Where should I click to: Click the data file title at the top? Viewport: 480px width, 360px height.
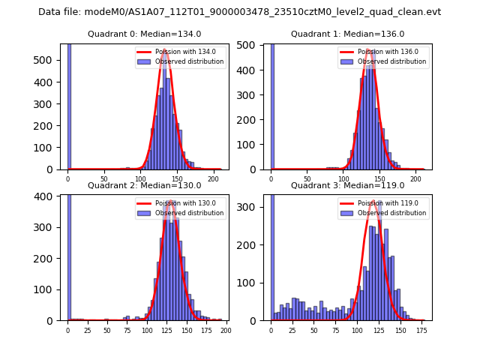click(239, 12)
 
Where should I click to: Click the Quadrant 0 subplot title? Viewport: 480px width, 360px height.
click(145, 34)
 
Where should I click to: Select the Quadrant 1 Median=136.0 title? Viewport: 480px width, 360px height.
click(347, 34)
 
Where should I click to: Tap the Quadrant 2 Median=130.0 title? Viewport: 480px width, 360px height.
click(145, 185)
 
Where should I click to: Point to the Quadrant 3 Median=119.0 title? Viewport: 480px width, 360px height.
click(347, 185)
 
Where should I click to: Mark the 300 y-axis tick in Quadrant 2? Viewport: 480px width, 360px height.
click(48, 227)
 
